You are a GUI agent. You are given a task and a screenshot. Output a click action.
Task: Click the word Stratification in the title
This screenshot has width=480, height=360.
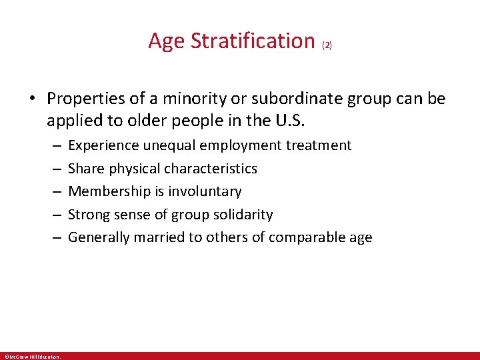click(x=253, y=41)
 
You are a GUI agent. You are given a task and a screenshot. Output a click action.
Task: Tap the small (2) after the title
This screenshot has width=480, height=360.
click(x=327, y=45)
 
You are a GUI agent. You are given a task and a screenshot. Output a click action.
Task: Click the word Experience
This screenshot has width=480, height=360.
click(x=102, y=145)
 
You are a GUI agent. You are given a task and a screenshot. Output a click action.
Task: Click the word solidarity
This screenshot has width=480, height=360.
click(x=241, y=215)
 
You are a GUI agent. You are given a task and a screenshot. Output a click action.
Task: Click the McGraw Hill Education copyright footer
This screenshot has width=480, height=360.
click(x=32, y=357)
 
